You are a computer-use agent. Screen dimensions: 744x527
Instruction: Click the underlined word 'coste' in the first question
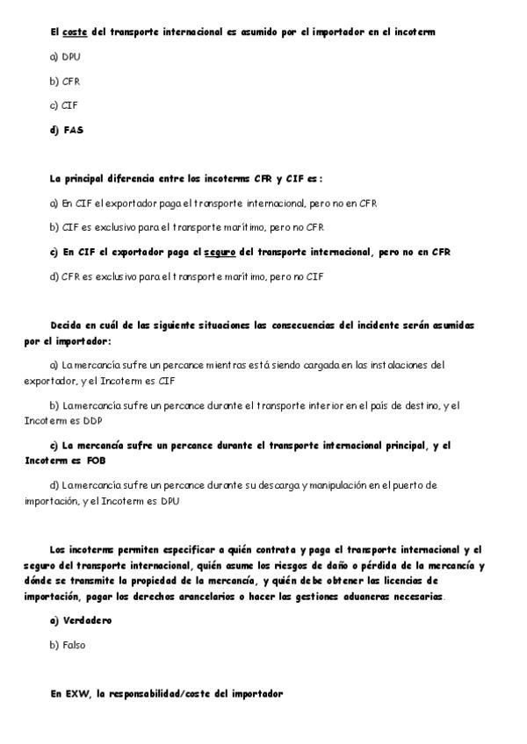(75, 32)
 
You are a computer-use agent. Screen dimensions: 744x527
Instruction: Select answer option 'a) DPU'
(65, 56)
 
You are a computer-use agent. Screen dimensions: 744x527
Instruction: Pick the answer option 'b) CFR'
(65, 81)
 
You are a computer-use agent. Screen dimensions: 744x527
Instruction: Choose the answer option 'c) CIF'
(64, 105)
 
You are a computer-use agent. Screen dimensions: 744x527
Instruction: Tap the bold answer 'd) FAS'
(67, 130)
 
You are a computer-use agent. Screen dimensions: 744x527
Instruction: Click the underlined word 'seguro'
(220, 252)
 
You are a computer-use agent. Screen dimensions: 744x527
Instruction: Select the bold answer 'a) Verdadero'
(81, 620)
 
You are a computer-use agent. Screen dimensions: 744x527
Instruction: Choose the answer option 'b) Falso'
(68, 645)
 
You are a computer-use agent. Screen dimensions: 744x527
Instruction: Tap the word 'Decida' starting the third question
(66, 325)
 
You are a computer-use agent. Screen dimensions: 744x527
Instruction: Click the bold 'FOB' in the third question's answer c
(95, 460)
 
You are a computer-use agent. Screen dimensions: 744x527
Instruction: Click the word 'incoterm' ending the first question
(415, 32)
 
